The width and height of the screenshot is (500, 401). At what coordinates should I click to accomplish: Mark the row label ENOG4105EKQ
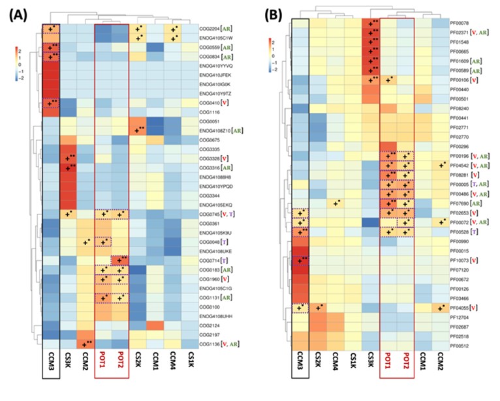tap(219, 205)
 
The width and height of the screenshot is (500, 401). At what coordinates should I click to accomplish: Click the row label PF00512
tap(462, 346)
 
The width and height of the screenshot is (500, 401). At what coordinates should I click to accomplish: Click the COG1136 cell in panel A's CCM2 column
tap(86, 344)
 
